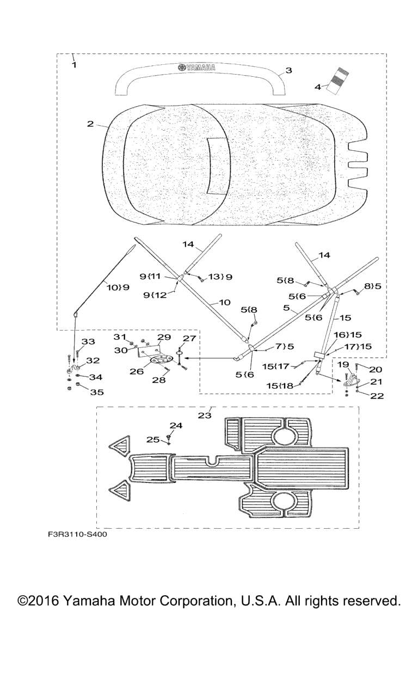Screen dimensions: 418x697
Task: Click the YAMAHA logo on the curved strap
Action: (196, 67)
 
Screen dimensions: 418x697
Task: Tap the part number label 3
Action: (289, 70)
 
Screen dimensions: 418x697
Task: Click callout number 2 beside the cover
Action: (90, 124)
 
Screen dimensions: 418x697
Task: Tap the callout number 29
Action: (164, 337)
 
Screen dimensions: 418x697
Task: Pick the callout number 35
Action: (97, 392)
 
